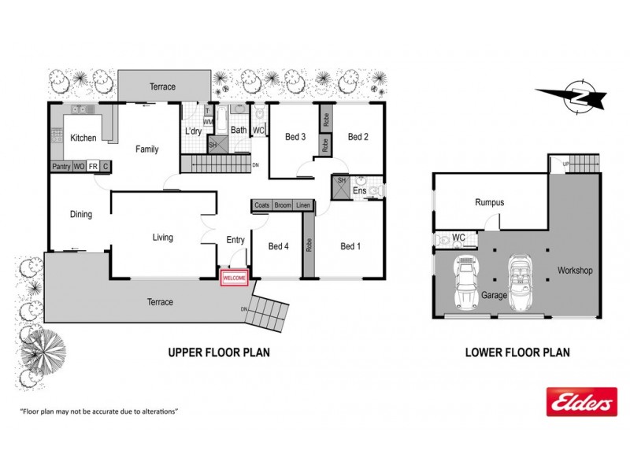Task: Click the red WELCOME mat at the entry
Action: [235, 278]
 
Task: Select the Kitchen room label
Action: [83, 138]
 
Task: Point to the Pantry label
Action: [61, 167]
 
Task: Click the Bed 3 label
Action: [295, 137]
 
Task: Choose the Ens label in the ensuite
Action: [358, 191]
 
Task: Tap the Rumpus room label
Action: [489, 203]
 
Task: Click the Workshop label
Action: [575, 271]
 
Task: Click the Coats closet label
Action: [262, 206]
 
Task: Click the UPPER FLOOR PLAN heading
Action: [219, 352]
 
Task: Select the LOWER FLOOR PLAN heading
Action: [517, 352]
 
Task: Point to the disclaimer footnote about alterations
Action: [98, 411]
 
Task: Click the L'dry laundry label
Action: [192, 131]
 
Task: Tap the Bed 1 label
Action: [350, 246]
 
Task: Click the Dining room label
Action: [80, 214]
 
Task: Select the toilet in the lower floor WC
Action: [446, 239]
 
